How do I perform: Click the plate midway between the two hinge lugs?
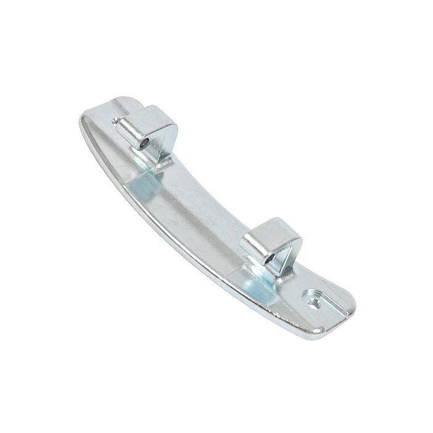pos(204,204)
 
